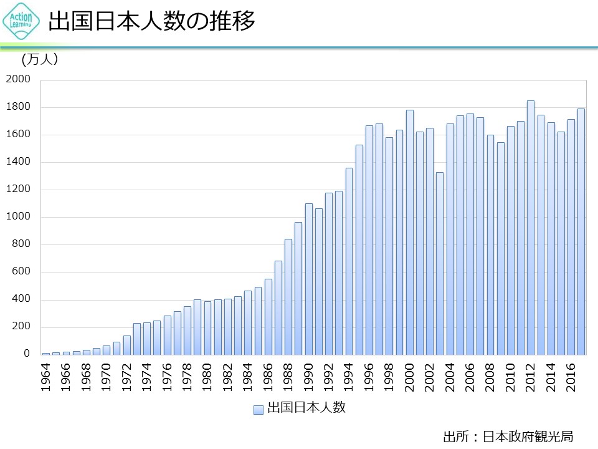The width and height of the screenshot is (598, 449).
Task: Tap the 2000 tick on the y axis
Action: click(x=18, y=79)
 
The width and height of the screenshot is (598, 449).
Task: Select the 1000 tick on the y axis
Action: click(x=18, y=217)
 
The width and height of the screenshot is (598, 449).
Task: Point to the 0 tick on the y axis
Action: click(x=27, y=354)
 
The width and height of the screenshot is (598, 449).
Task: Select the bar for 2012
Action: click(x=531, y=228)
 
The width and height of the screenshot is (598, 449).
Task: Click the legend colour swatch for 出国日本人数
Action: click(x=258, y=410)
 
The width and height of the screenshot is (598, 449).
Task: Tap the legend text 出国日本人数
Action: click(x=306, y=409)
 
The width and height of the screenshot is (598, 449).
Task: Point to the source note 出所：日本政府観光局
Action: click(x=508, y=435)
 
